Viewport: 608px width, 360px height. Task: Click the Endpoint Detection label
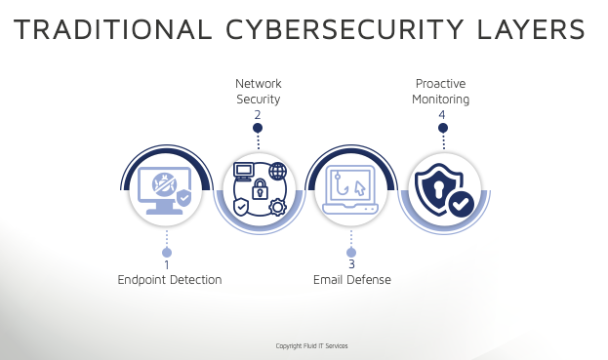pos(170,280)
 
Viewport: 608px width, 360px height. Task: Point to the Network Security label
pos(258,92)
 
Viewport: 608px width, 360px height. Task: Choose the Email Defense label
pos(352,280)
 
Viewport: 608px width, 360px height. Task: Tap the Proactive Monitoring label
pos(442,92)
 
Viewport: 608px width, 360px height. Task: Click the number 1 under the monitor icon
pos(167,264)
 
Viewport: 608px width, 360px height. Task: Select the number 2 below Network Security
pos(258,115)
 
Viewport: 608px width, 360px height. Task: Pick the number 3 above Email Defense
pos(351,264)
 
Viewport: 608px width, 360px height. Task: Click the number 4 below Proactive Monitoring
pos(442,115)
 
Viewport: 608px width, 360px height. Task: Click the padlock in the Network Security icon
pos(260,188)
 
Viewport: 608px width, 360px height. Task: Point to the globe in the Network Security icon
pos(277,173)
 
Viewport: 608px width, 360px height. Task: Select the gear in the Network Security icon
pos(277,207)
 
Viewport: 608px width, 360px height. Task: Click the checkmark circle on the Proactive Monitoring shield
pos(461,204)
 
